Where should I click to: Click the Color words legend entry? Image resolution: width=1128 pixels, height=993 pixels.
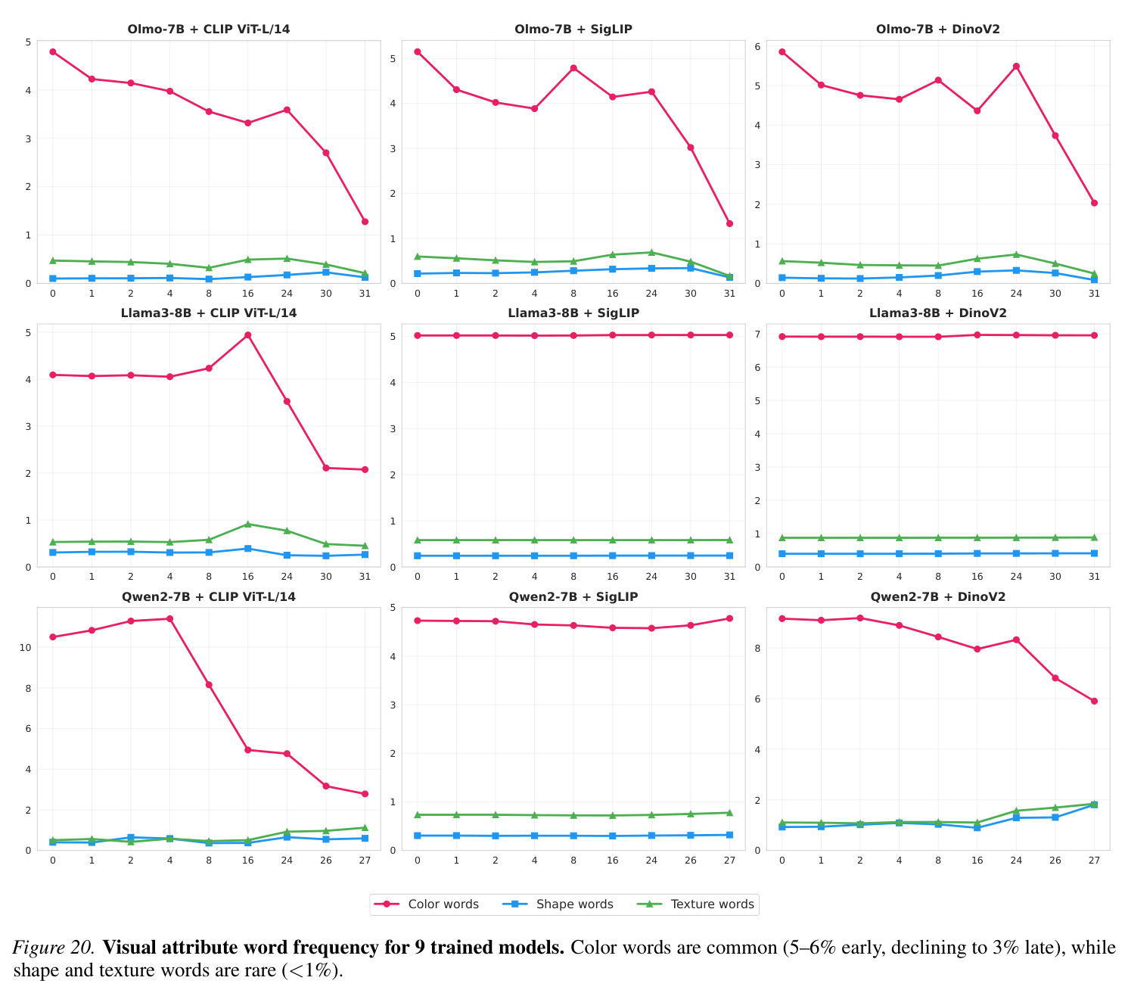point(426,904)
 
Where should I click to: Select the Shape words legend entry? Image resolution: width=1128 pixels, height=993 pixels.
point(558,904)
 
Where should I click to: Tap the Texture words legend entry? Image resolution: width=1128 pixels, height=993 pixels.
point(695,904)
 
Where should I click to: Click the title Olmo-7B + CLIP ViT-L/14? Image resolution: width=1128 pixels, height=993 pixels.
point(208,29)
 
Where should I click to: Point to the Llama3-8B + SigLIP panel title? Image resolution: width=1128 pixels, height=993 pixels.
point(573,313)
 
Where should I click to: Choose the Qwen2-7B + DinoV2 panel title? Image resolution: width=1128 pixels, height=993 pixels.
point(937,596)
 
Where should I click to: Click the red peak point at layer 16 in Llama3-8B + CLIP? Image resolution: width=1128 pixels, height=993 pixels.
point(247,335)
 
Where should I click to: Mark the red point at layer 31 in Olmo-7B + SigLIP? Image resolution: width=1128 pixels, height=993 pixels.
point(729,223)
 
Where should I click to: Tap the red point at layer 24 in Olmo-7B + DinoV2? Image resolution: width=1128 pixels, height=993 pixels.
point(1015,67)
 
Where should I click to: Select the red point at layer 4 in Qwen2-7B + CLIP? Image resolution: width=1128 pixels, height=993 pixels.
point(169,619)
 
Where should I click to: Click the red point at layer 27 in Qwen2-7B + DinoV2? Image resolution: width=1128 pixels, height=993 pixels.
point(1093,701)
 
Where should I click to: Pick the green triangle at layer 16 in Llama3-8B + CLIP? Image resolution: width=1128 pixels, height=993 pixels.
point(247,524)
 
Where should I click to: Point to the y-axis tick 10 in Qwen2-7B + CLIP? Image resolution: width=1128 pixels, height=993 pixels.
point(26,648)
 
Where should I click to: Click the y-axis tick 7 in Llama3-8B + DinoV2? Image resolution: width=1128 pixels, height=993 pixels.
point(757,335)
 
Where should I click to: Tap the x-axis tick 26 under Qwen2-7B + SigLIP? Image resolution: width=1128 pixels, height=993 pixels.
point(691,860)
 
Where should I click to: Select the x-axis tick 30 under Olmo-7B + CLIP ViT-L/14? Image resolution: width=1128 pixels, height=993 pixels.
point(326,293)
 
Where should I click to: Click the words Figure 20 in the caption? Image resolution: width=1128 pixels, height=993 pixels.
point(53,947)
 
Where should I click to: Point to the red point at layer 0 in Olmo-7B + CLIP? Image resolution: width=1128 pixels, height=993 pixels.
point(53,51)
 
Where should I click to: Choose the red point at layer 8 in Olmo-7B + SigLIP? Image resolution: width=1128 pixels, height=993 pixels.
point(573,69)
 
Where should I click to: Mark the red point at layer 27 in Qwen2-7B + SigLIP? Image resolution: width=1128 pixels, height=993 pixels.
point(729,618)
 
